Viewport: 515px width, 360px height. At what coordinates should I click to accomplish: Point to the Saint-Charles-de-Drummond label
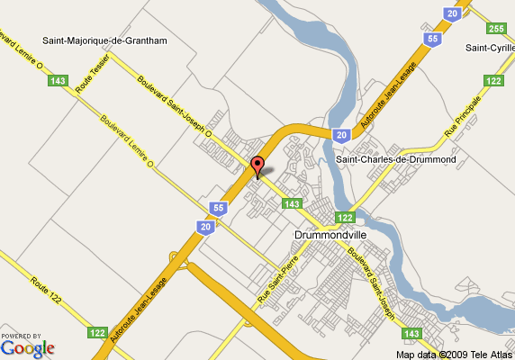pyautogui.click(x=396, y=159)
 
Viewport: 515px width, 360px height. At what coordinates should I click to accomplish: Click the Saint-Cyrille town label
pyautogui.click(x=489, y=47)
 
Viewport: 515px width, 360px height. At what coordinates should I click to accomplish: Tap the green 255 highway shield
pyautogui.click(x=496, y=28)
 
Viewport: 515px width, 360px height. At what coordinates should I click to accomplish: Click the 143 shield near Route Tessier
pyautogui.click(x=59, y=81)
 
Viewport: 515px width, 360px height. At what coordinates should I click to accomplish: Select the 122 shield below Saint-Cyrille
pyautogui.click(x=492, y=81)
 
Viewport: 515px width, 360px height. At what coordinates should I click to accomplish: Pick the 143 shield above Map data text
pyautogui.click(x=411, y=334)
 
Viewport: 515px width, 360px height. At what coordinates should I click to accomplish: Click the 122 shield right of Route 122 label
pyautogui.click(x=96, y=332)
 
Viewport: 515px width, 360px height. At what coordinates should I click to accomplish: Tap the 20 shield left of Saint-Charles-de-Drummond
pyautogui.click(x=340, y=135)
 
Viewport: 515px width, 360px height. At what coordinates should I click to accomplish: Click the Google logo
pyautogui.click(x=27, y=346)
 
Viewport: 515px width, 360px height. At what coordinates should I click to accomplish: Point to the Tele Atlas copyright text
pyautogui.click(x=454, y=354)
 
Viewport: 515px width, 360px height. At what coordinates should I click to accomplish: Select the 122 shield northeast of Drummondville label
pyautogui.click(x=344, y=217)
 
